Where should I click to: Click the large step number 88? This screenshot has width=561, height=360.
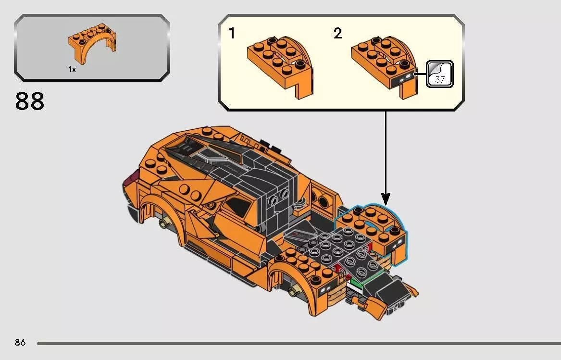30,101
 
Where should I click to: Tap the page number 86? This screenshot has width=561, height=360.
20,343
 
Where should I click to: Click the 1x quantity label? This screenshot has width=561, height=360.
72,70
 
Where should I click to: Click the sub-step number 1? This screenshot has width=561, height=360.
232,34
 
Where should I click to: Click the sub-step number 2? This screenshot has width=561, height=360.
338,34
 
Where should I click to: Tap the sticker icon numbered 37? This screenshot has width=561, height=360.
439,74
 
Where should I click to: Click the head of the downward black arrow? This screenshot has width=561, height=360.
386,198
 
